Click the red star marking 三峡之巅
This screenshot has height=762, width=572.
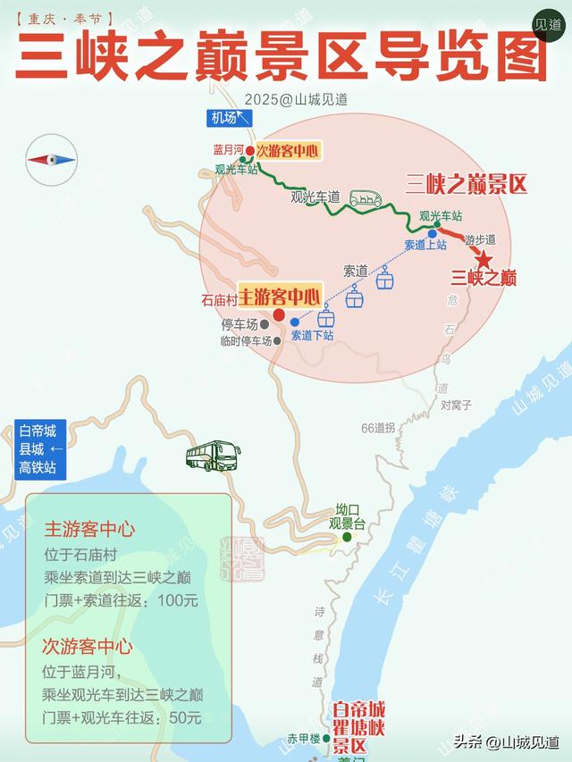tap(484, 260)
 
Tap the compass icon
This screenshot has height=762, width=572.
tap(51, 160)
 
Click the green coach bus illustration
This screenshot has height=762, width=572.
tap(213, 456)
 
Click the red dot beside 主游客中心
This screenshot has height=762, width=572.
tap(279, 314)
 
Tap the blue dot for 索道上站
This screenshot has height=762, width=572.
tap(432, 233)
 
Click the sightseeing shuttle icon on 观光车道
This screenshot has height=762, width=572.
tap(365, 198)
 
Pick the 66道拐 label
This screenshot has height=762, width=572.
tap(378, 428)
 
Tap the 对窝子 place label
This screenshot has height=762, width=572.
tap(456, 405)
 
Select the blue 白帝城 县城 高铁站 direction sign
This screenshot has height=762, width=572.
tap(39, 449)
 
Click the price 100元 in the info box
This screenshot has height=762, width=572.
tap(177, 600)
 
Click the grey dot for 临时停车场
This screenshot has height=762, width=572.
tap(278, 340)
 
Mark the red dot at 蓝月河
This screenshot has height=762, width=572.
tap(249, 150)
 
